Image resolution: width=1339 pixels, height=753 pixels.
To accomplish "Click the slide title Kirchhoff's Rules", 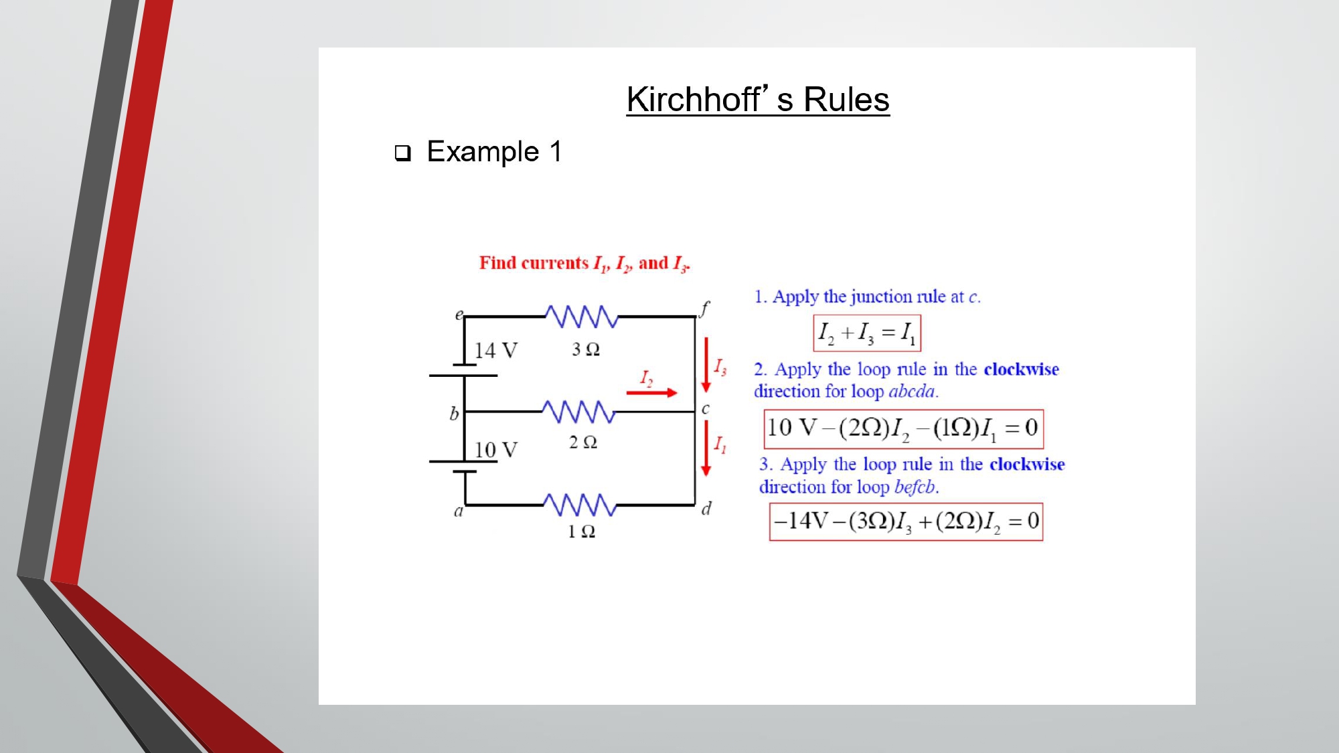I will pyautogui.click(x=758, y=100).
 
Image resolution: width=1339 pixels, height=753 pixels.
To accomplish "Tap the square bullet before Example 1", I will pyautogui.click(x=402, y=153).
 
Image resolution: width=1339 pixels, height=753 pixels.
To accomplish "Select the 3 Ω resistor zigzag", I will pyautogui.click(x=581, y=317).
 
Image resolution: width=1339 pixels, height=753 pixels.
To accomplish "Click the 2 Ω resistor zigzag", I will pyautogui.click(x=578, y=412).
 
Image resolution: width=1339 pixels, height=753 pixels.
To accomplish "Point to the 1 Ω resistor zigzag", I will pyautogui.click(x=580, y=505).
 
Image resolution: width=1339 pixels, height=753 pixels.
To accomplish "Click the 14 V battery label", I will pyautogui.click(x=495, y=351).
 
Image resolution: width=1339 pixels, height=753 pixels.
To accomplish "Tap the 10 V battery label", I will pyautogui.click(x=495, y=450).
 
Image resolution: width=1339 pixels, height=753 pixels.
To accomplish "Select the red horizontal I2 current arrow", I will pyautogui.click(x=651, y=393).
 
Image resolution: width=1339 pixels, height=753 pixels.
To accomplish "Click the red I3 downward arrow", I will pyautogui.click(x=706, y=365).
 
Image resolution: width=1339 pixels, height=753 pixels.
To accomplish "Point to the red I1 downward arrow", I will pyautogui.click(x=706, y=448).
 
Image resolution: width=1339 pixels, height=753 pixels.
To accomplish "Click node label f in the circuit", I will pyautogui.click(x=704, y=309).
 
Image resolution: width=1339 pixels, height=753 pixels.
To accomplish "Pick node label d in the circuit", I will pyautogui.click(x=706, y=509).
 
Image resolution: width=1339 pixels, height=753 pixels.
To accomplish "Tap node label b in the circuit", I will pyautogui.click(x=454, y=414).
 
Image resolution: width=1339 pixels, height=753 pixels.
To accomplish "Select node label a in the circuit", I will pyautogui.click(x=459, y=512).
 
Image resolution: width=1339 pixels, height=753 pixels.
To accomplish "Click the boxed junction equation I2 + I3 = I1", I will pyautogui.click(x=867, y=333).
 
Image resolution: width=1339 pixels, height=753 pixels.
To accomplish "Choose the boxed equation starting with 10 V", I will pyautogui.click(x=903, y=428).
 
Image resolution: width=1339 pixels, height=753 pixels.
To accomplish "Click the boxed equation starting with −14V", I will pyautogui.click(x=906, y=521).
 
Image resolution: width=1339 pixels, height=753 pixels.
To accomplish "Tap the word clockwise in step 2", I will pyautogui.click(x=1021, y=369).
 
